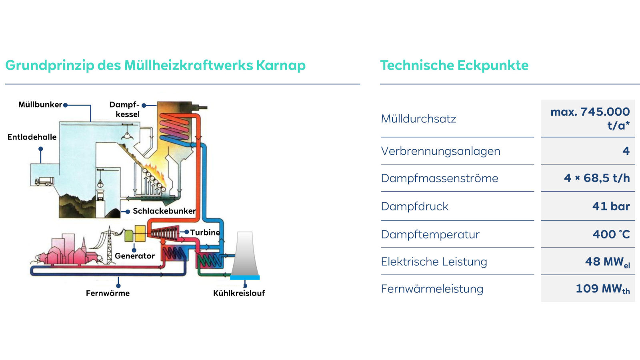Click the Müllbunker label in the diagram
[40, 105]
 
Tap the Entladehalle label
[32, 137]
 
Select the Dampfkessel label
[125, 109]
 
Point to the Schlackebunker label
[164, 211]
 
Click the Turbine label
[205, 232]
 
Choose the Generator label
[134, 256]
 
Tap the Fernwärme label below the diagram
[108, 293]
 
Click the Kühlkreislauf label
[239, 293]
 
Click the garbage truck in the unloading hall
[44, 181]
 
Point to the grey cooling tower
[245, 254]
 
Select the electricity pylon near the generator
[109, 244]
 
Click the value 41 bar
[611, 206]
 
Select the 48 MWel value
[607, 262]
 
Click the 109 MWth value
[602, 289]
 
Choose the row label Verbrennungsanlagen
[440, 151]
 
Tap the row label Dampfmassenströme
[439, 178]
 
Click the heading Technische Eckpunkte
[454, 65]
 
